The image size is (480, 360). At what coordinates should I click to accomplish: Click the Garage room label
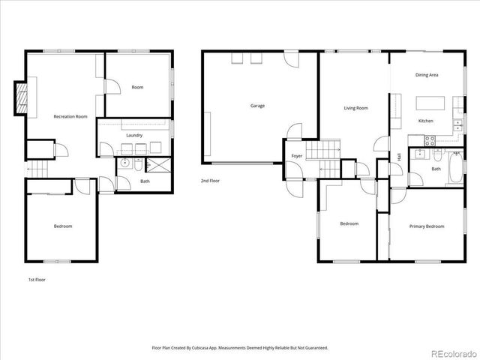(x=257, y=106)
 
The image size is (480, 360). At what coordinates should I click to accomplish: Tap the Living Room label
(x=355, y=108)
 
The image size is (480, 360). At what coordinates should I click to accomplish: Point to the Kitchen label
(x=426, y=121)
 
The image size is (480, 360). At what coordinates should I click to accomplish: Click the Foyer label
(x=297, y=156)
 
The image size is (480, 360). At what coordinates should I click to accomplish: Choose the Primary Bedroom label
(x=427, y=226)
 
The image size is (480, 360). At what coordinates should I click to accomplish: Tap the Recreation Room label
(x=70, y=116)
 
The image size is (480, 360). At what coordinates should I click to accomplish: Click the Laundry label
(x=135, y=135)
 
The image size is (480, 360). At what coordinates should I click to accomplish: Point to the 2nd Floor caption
(x=210, y=181)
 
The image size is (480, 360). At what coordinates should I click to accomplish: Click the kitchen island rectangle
(x=430, y=103)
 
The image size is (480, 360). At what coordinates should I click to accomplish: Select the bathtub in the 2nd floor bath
(x=455, y=169)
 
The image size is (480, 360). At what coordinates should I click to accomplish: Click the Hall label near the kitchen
(x=399, y=156)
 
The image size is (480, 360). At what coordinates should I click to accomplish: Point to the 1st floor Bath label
(x=145, y=181)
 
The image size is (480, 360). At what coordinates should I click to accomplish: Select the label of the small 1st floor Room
(x=137, y=88)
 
